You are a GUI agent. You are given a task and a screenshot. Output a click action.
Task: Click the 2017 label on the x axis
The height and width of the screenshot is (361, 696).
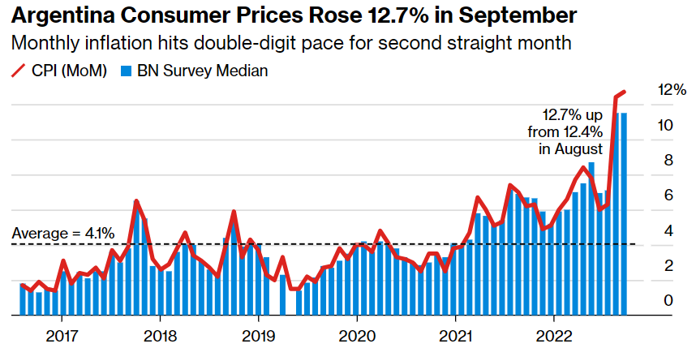61,336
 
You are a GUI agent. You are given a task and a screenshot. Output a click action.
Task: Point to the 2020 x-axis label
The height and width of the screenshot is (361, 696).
356,336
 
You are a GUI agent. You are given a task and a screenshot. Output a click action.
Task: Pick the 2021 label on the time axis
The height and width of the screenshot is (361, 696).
455,336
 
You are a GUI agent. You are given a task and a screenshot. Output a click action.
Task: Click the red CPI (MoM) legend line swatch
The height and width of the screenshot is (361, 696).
19,71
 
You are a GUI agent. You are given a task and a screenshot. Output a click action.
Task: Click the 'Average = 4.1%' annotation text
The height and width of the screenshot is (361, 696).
62,234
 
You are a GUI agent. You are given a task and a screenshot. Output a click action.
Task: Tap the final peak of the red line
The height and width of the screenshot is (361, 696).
624,92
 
